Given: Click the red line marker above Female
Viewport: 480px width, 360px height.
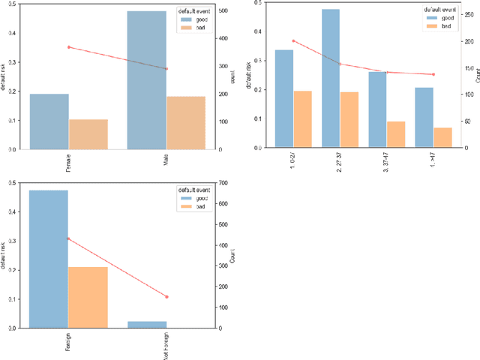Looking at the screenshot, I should click(69, 47).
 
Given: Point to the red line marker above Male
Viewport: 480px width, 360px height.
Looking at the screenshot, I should click(166, 69).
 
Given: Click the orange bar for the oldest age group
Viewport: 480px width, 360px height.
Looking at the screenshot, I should click(443, 137).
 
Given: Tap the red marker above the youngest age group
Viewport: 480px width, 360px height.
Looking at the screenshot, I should click(293, 40).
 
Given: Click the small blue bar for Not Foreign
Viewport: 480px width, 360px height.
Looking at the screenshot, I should click(147, 325).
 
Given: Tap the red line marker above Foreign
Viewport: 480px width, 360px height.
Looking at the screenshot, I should click(68, 238).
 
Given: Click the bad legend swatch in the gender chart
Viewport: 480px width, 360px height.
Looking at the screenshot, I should click(184, 28).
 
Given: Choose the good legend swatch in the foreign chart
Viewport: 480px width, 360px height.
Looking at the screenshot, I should click(184, 198).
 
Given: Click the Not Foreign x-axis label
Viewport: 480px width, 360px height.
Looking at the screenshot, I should click(166, 346).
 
